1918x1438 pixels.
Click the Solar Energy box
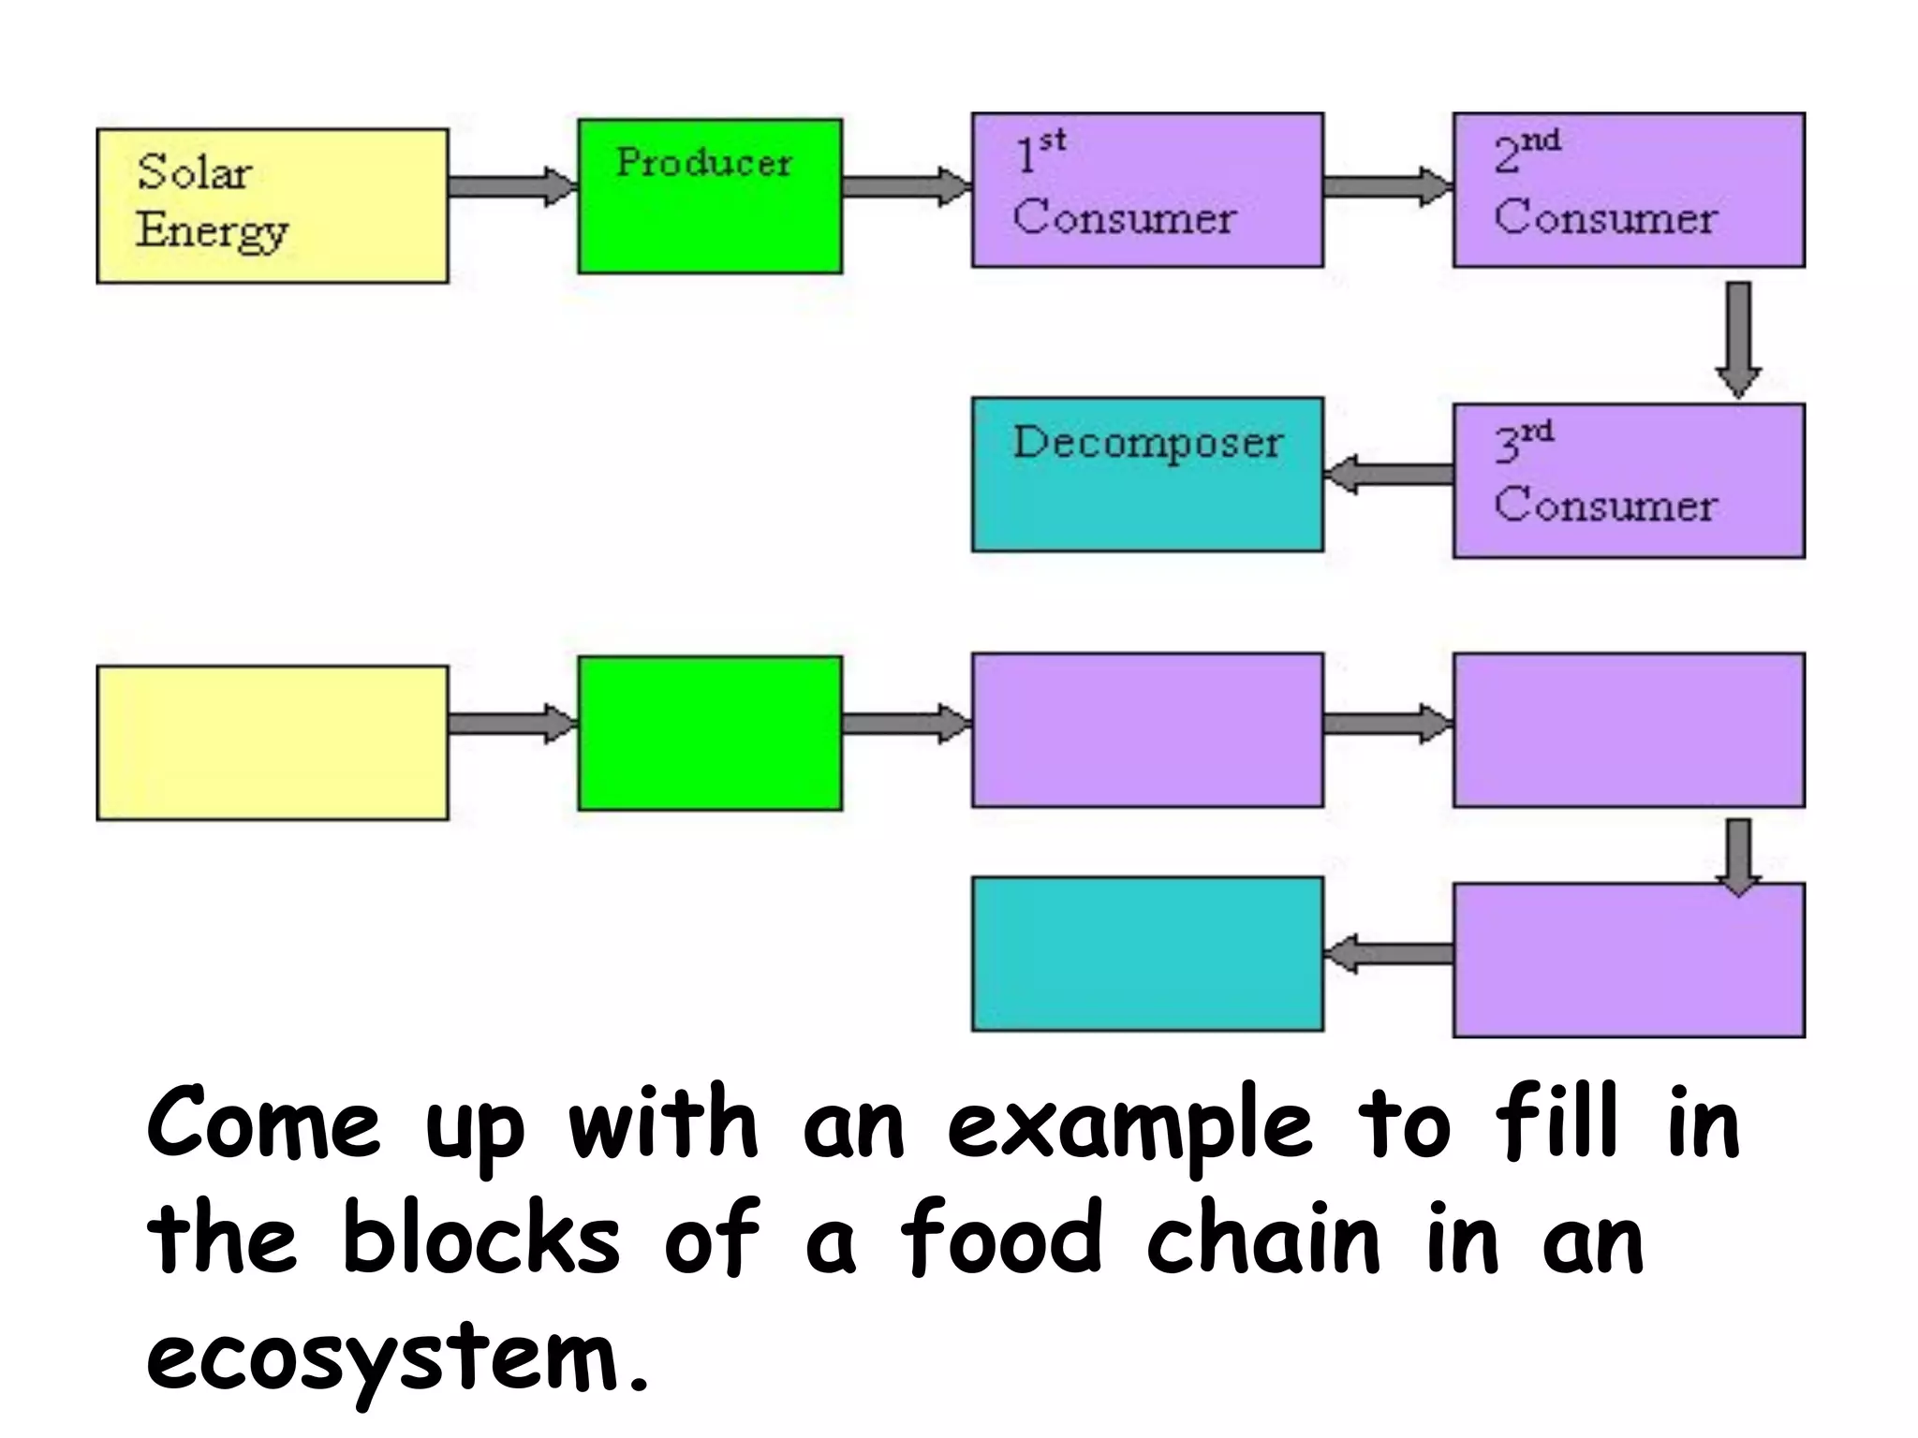272,206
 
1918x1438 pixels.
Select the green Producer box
709,197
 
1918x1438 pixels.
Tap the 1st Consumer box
1147,190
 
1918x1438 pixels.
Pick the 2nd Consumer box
1629,190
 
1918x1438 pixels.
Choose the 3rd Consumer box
1629,480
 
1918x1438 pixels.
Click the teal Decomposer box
1147,475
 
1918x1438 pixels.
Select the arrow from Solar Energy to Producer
511,185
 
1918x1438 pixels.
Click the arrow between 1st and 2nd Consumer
1387,185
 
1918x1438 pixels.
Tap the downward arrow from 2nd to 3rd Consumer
1738,337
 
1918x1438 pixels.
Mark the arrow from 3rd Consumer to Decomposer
1389,475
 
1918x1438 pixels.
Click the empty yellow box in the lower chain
272,742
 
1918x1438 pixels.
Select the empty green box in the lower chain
709,733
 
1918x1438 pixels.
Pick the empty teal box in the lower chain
1147,954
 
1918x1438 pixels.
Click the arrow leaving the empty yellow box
511,723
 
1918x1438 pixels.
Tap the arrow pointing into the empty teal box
1389,954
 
